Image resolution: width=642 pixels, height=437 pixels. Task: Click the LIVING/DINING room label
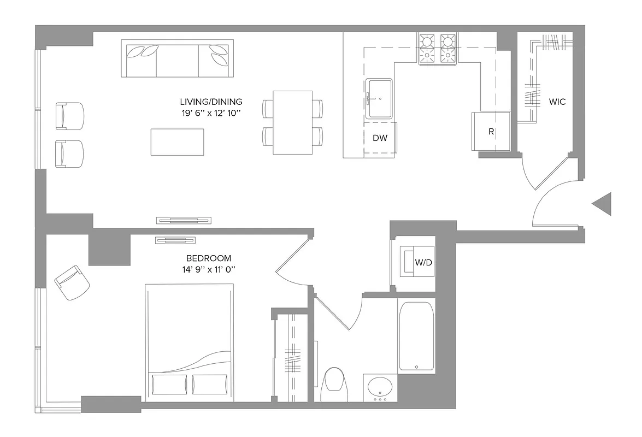211,102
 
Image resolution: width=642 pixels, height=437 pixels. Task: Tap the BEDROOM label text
209,258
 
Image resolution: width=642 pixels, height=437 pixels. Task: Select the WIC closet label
557,102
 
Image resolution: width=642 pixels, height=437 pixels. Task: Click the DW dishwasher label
380,138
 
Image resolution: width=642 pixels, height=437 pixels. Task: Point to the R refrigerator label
491,132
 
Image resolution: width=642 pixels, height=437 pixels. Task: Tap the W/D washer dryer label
423,262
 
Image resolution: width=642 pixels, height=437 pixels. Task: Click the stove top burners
437,48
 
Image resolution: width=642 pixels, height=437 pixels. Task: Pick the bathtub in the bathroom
416,336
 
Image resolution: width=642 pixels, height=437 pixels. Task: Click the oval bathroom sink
380,388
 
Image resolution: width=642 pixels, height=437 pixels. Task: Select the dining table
292,122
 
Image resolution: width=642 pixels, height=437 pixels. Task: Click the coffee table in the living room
178,142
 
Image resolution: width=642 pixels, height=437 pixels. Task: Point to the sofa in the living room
178,59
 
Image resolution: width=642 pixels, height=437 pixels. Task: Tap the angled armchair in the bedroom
72,282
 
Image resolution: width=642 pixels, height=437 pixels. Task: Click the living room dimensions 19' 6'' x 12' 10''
210,113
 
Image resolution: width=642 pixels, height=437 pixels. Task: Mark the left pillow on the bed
169,384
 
